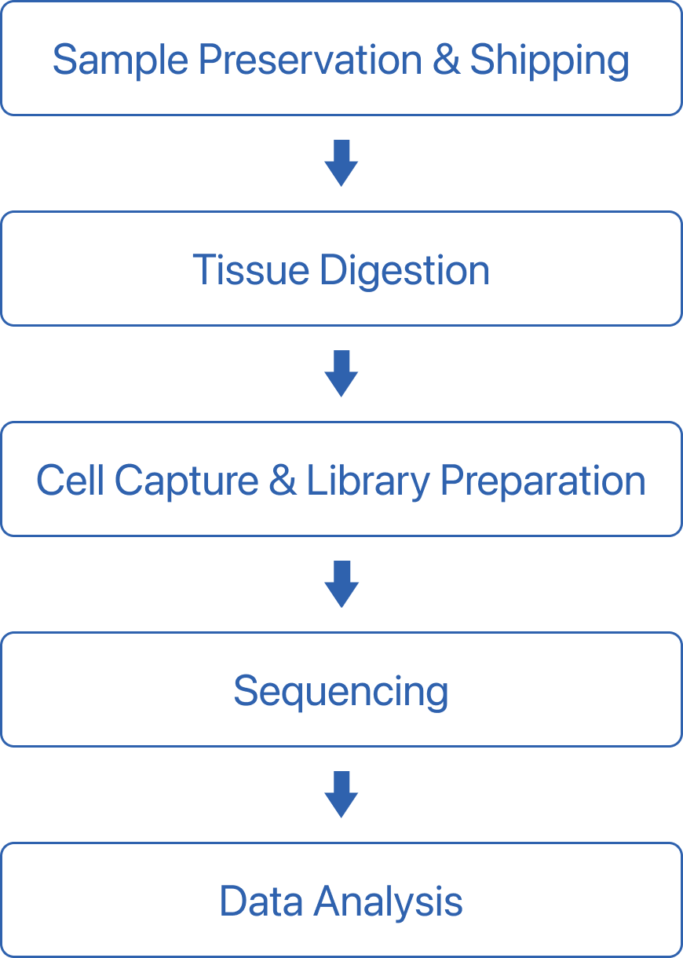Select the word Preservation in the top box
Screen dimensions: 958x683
point(309,60)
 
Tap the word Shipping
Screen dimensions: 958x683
point(549,60)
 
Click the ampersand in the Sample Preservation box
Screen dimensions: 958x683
point(446,60)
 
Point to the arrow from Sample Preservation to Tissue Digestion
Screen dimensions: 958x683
point(341,163)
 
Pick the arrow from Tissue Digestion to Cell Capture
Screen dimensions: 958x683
point(341,374)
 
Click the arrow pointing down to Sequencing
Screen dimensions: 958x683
point(341,584)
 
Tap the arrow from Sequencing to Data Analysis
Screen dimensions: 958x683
point(341,795)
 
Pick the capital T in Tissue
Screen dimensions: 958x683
point(203,270)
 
